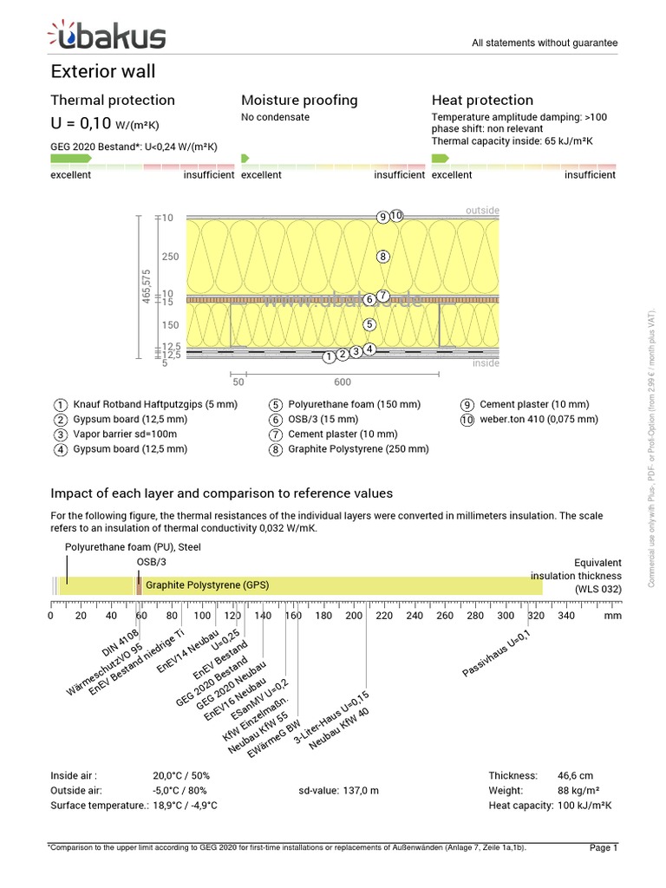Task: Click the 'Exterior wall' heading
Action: point(103,71)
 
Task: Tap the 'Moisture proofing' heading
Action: point(299,101)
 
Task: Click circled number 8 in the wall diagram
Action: point(382,257)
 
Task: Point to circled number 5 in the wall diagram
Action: point(369,324)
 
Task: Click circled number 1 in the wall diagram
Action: point(329,356)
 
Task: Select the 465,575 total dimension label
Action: point(147,287)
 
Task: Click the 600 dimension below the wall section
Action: point(342,382)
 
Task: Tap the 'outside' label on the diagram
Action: point(482,211)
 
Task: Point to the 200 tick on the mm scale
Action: point(354,616)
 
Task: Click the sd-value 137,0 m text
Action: point(338,791)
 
